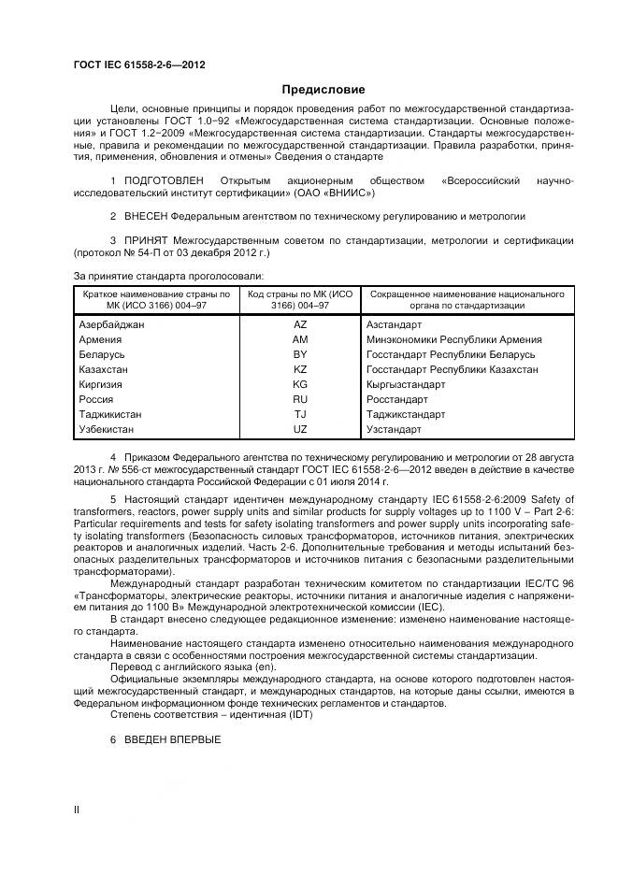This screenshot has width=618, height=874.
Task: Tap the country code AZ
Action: point(299,324)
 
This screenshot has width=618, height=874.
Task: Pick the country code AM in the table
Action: point(299,339)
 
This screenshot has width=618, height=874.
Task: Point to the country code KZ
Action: point(299,369)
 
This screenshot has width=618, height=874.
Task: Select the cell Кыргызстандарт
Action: point(406,384)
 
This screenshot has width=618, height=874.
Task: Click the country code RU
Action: point(299,399)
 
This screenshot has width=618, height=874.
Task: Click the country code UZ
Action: point(299,429)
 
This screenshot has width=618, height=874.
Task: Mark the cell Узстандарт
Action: point(394,429)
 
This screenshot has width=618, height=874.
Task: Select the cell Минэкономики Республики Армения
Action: point(454,339)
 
